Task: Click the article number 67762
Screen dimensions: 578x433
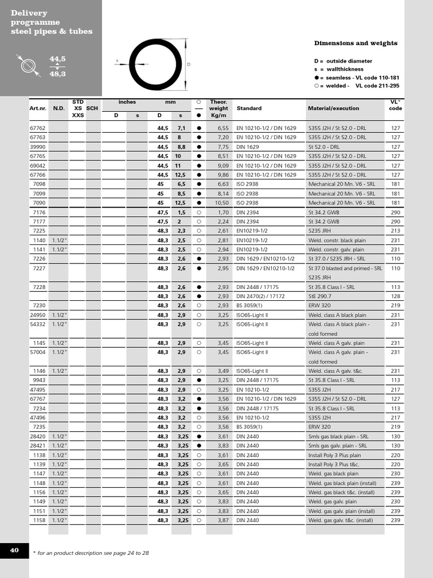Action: (38, 128)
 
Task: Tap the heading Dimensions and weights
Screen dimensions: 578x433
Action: (355, 43)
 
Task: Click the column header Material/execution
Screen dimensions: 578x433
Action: (333, 108)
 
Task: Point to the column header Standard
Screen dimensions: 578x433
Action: (249, 108)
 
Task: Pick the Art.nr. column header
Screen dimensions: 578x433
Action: (38, 108)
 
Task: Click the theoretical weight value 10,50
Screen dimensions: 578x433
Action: (222, 203)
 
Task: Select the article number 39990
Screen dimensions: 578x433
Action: (38, 147)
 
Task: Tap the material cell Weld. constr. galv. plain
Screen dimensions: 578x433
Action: (336, 249)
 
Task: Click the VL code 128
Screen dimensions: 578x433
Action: (395, 296)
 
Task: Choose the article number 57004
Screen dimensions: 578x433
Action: (38, 352)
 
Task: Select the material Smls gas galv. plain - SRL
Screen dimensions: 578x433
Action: (337, 446)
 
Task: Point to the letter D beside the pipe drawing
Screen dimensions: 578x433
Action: (189, 64)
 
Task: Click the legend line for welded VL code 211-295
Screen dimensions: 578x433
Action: (356, 86)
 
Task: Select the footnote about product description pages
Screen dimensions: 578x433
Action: (91, 553)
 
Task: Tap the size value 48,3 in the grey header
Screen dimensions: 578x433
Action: (58, 74)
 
